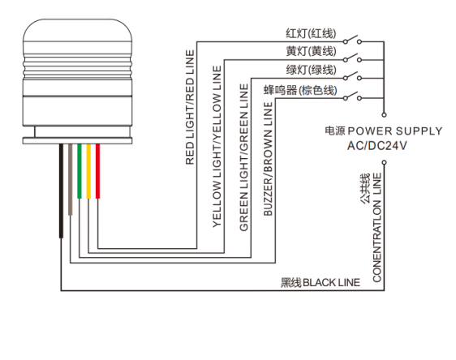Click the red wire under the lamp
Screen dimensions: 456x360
(97, 171)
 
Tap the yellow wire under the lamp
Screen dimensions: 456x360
(88, 171)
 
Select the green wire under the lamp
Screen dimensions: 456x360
(79, 171)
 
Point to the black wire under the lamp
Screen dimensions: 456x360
(61, 191)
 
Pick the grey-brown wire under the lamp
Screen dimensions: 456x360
(70, 179)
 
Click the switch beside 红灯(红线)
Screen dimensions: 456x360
(352, 40)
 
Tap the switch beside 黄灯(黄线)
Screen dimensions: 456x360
(352, 58)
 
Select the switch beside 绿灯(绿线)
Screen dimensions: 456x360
(352, 76)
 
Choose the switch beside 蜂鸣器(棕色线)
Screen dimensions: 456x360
(352, 96)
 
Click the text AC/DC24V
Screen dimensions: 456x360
(377, 145)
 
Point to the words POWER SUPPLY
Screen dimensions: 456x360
(395, 131)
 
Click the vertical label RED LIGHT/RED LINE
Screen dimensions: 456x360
(190, 107)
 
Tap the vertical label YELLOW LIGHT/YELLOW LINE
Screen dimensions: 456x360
(217, 146)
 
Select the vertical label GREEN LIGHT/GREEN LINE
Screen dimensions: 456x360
(243, 157)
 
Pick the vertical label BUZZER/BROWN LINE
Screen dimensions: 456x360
(268, 159)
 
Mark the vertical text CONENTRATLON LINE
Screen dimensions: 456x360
(377, 228)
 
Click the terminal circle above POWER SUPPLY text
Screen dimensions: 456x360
(384, 115)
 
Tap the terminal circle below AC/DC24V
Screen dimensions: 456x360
(384, 162)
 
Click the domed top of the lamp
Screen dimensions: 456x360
(77, 31)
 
